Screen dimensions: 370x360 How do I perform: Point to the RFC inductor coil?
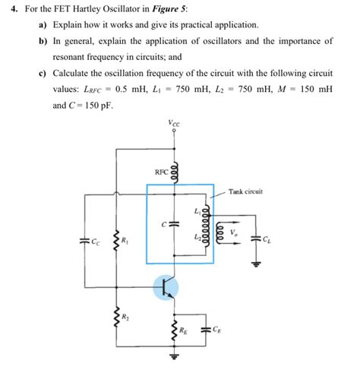click(x=176, y=171)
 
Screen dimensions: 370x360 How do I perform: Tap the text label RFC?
click(x=161, y=172)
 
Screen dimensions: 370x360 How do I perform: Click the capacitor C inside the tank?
click(x=172, y=224)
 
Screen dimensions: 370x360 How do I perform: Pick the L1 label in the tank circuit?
click(x=197, y=210)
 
